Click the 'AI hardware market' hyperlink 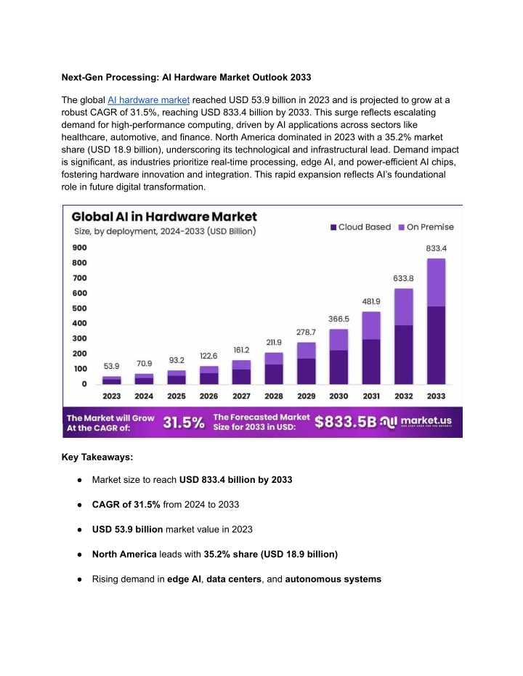pyautogui.click(x=148, y=100)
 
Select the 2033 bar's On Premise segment pyautogui.click(x=436, y=282)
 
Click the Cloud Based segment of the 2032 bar pyautogui.click(x=404, y=354)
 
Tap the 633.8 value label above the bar pyautogui.click(x=403, y=279)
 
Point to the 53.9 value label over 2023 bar pyautogui.click(x=111, y=366)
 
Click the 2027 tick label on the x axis pyautogui.click(x=241, y=396)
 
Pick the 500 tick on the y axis pyautogui.click(x=79, y=309)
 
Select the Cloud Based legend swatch pyautogui.click(x=333, y=227)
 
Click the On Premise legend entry pyautogui.click(x=426, y=227)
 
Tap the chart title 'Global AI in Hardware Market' pyautogui.click(x=164, y=216)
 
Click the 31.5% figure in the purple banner pyautogui.click(x=184, y=423)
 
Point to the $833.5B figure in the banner pyautogui.click(x=345, y=422)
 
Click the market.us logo pyautogui.click(x=416, y=421)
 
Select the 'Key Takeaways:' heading pyautogui.click(x=97, y=457)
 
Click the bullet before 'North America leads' pyautogui.click(x=79, y=555)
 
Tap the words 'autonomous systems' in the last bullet pyautogui.click(x=333, y=579)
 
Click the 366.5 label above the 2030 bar pyautogui.click(x=338, y=319)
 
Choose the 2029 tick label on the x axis pyautogui.click(x=306, y=396)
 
